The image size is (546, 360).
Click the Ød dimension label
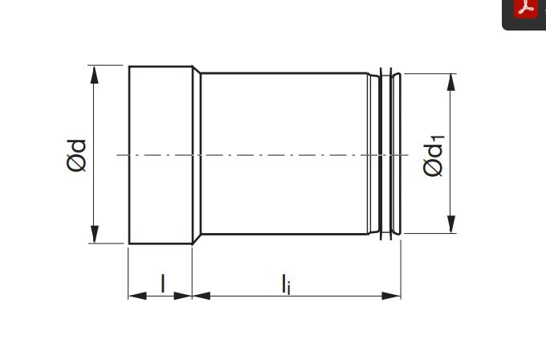pyautogui.click(x=76, y=156)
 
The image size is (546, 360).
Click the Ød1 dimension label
pyautogui.click(x=434, y=155)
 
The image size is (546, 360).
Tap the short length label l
pyautogui.click(x=163, y=284)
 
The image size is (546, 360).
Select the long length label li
pyautogui.click(x=286, y=284)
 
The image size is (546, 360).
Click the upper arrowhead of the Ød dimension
pyautogui.click(x=95, y=75)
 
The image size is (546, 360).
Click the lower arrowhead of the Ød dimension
pyautogui.click(x=95, y=234)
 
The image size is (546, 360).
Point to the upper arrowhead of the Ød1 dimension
pyautogui.click(x=451, y=82)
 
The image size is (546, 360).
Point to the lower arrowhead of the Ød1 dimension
pyautogui.click(x=451, y=224)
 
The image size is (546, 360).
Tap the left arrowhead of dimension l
pyautogui.click(x=137, y=296)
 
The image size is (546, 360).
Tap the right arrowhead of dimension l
pyautogui.click(x=183, y=296)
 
